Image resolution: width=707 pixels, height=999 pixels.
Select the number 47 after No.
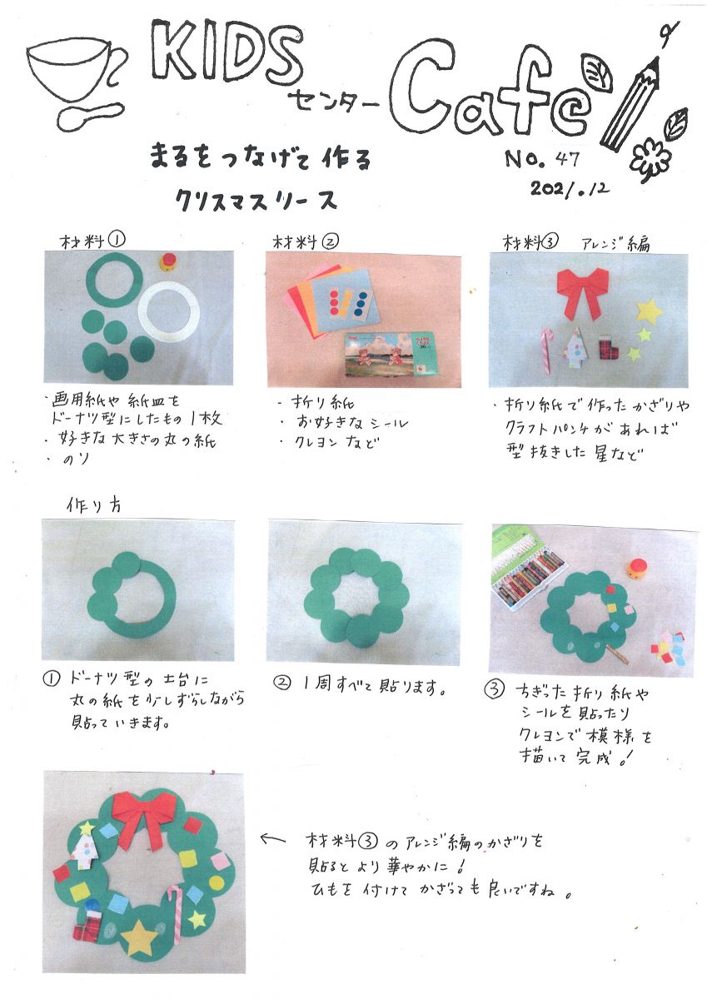tap(567, 159)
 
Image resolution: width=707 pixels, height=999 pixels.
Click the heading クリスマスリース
tap(256, 201)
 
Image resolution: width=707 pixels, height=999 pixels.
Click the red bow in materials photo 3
tap(583, 292)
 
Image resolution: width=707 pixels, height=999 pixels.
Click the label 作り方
tap(93, 505)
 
